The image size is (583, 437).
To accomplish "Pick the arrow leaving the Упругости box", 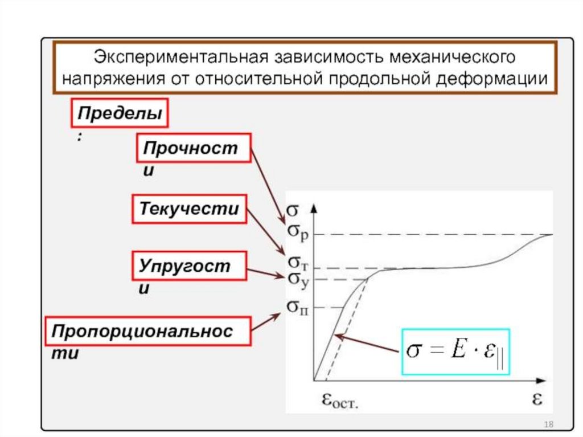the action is pos(265,273).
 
